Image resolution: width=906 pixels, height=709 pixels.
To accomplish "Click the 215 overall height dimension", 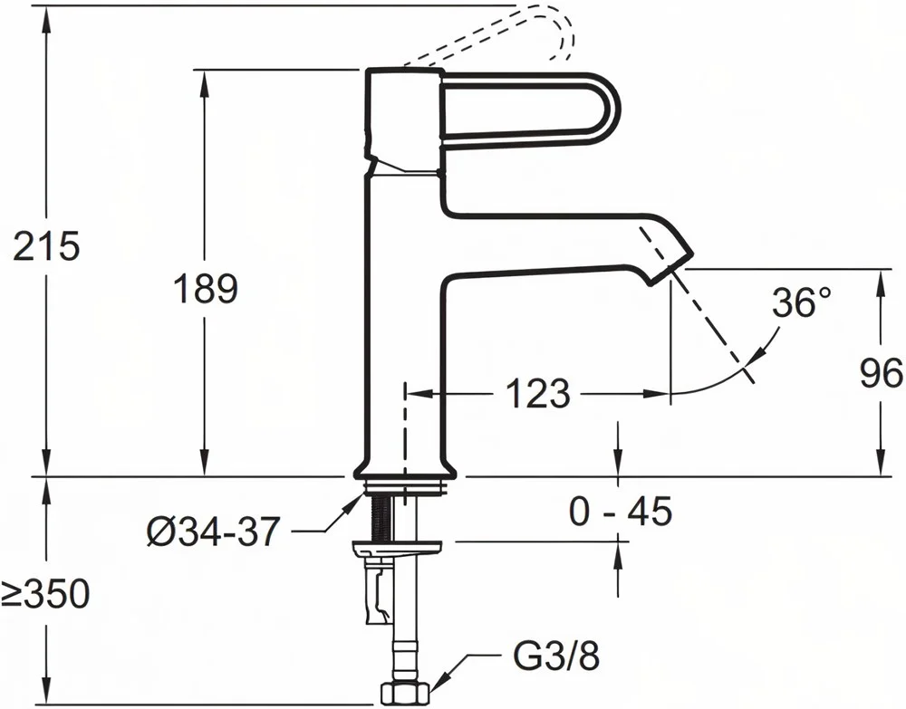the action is pyautogui.click(x=45, y=246).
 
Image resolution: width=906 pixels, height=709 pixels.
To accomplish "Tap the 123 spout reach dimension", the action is pyautogui.click(x=538, y=394).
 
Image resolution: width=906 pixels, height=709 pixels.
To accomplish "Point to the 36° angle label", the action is pyautogui.click(x=803, y=302).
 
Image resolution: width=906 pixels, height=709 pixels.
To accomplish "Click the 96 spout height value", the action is pyautogui.click(x=882, y=374).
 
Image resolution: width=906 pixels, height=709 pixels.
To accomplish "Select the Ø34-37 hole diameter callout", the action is pyautogui.click(x=213, y=532).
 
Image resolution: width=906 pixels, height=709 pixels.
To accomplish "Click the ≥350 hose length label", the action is pyautogui.click(x=45, y=593).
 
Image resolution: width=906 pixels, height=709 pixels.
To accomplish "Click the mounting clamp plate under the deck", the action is pyautogui.click(x=400, y=546).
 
